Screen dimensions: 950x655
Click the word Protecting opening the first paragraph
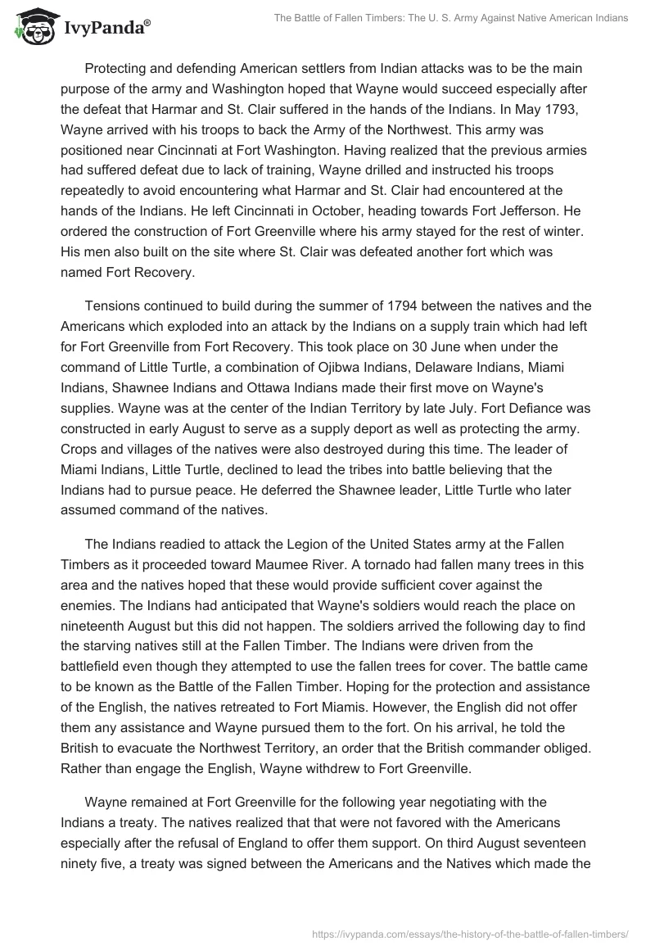point(120,67)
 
